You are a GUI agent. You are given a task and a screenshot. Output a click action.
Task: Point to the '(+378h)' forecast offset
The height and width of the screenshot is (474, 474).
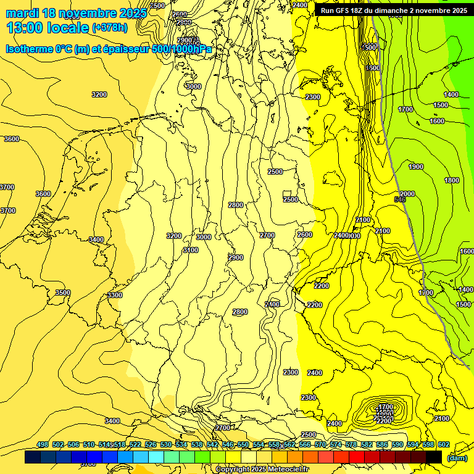(110, 28)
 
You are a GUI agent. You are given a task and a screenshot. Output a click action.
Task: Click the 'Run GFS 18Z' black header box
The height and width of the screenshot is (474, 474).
(394, 10)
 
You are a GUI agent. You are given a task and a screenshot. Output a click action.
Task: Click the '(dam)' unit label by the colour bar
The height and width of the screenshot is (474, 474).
(457, 457)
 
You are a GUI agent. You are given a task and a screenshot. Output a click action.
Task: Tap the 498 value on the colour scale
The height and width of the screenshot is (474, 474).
(43, 445)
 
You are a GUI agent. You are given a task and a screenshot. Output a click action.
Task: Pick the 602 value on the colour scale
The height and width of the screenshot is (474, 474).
(444, 445)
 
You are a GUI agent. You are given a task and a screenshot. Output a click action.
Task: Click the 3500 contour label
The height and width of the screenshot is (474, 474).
(62, 293)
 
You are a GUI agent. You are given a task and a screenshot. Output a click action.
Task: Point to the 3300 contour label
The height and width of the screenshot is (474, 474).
(115, 296)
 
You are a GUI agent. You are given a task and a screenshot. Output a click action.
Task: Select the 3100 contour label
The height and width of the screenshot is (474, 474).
(191, 250)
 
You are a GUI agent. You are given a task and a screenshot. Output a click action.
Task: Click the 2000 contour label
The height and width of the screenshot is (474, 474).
(407, 194)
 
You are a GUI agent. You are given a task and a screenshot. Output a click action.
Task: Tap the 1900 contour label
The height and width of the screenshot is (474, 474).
(416, 167)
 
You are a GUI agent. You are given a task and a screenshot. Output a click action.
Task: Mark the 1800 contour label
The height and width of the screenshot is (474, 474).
(452, 180)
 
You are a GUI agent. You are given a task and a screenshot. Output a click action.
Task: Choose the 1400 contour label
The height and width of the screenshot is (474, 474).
(451, 94)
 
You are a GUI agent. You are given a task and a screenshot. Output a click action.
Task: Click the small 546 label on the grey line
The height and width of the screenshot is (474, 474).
(400, 199)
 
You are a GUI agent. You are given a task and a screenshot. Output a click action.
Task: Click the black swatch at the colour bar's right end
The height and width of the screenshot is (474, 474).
(433, 457)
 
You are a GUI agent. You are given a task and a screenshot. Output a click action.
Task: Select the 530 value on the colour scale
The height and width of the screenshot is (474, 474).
(166, 445)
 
